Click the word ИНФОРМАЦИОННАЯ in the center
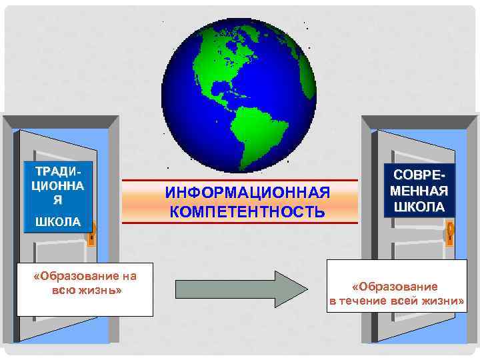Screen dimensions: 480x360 click(x=247, y=193)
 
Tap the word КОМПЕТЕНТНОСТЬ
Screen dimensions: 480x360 click(x=247, y=212)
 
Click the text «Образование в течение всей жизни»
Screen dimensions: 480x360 click(x=397, y=293)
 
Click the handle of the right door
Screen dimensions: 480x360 click(x=451, y=232)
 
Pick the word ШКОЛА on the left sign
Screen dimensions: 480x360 click(x=57, y=221)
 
